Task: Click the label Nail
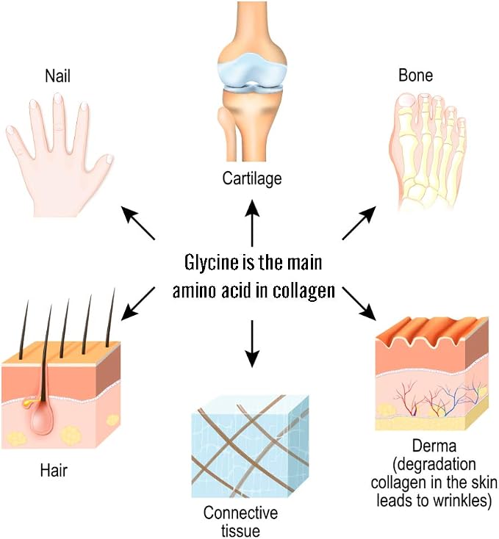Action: (57, 76)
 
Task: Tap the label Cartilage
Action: (252, 178)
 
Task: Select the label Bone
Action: (415, 75)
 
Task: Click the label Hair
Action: (54, 470)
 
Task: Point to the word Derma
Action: (434, 446)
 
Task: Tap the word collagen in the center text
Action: (304, 292)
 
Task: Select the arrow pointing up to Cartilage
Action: (252, 223)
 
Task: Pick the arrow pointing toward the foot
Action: (359, 223)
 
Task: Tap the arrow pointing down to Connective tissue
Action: (252, 344)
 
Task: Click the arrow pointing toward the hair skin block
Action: (138, 303)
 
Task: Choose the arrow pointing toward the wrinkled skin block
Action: (359, 303)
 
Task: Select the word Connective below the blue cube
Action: (240, 513)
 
